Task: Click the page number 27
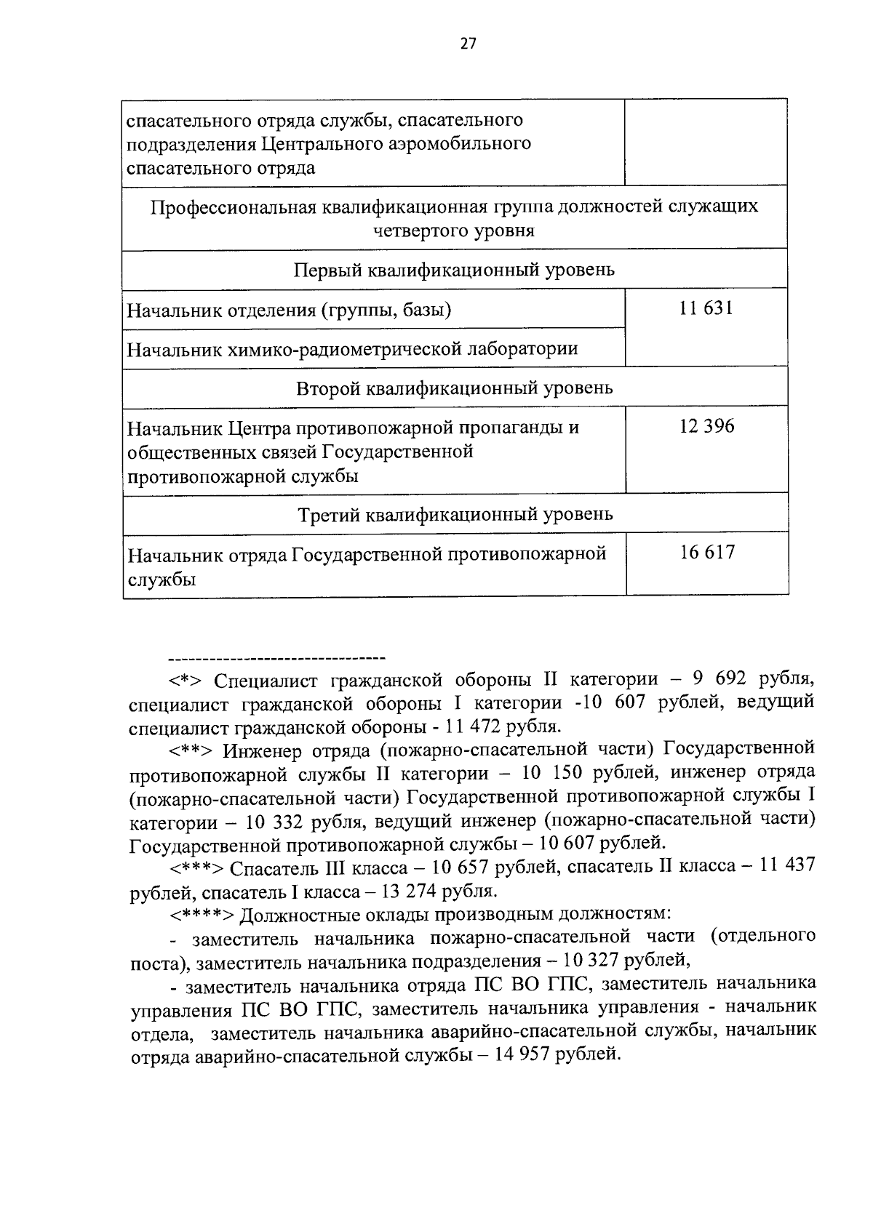pyautogui.click(x=468, y=44)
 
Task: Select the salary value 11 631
pyautogui.click(x=706, y=308)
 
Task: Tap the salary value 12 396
pyautogui.click(x=706, y=426)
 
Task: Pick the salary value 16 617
pyautogui.click(x=707, y=553)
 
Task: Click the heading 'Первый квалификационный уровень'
pyautogui.click(x=454, y=270)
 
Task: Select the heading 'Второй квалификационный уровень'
pyautogui.click(x=454, y=388)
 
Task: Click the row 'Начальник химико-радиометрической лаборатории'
pyautogui.click(x=353, y=349)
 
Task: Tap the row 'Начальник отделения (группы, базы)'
pyautogui.click(x=290, y=310)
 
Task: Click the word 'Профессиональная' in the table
pyautogui.click(x=232, y=207)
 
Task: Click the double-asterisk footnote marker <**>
pyautogui.click(x=195, y=748)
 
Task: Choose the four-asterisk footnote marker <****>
pyautogui.click(x=204, y=914)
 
